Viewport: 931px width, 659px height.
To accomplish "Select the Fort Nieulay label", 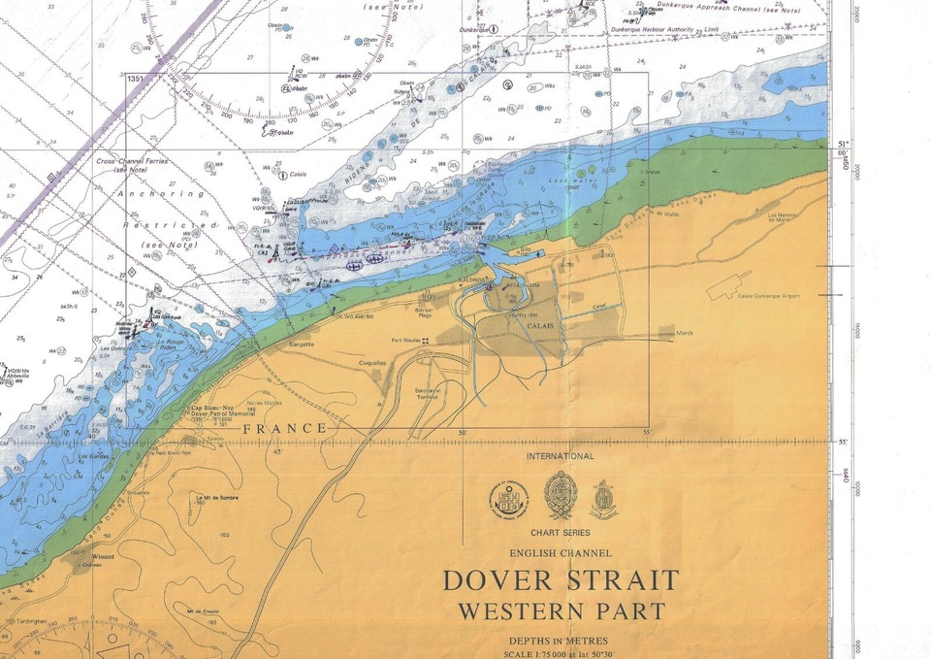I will point(407,340).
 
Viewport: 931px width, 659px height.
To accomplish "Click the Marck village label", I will point(686,332).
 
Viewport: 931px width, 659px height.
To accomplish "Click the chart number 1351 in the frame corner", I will point(135,79).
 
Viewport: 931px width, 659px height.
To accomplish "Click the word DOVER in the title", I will point(497,581).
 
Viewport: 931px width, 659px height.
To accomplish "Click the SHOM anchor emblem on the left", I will point(508,500).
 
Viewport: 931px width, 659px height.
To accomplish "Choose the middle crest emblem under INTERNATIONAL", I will point(561,496).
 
